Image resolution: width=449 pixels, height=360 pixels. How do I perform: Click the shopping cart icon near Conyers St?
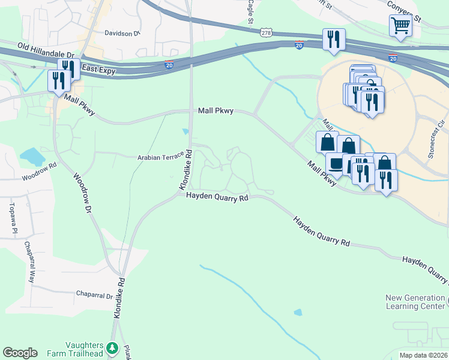pos(400,26)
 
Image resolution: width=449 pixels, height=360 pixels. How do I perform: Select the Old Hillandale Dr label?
pos(44,46)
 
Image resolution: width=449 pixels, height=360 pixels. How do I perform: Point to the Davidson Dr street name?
pos(122,34)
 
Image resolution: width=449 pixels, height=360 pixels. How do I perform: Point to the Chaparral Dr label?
pos(94,296)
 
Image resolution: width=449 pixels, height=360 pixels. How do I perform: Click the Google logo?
pos(20,353)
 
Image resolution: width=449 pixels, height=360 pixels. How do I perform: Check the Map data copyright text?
pos(423,355)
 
